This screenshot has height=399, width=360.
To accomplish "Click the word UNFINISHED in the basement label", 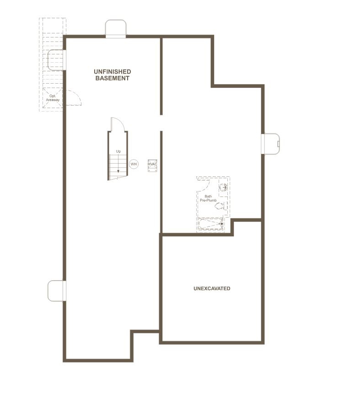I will pyautogui.click(x=113, y=72).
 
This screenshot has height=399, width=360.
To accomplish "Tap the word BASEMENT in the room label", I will pyautogui.click(x=113, y=78).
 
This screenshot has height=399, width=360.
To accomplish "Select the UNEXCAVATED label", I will pyautogui.click(x=212, y=289).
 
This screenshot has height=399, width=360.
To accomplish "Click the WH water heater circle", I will pyautogui.click(x=134, y=164).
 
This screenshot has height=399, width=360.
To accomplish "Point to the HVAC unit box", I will pyautogui.click(x=152, y=165).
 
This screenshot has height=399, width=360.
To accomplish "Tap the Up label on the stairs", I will pyautogui.click(x=118, y=151).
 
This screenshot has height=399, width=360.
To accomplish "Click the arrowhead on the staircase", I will pyautogui.click(x=118, y=171).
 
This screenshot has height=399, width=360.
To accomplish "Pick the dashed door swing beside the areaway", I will pyautogui.click(x=73, y=98).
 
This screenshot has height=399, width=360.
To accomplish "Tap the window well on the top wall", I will pyautogui.click(x=115, y=28).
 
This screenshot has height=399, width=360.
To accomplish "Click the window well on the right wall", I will pyautogui.click(x=270, y=144).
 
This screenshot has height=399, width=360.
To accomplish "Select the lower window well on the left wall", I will pyautogui.click(x=57, y=291).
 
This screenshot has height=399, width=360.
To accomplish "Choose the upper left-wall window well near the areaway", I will pyautogui.click(x=56, y=59).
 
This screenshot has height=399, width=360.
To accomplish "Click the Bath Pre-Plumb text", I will pyautogui.click(x=208, y=198).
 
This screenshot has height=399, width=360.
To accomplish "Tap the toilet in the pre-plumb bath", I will pyautogui.click(x=220, y=206).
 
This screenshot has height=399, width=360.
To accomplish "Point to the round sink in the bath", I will pyautogui.click(x=223, y=187).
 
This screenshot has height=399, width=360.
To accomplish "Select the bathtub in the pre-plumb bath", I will pyautogui.click(x=211, y=224).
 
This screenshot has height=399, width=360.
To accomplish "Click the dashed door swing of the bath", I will pyautogui.click(x=204, y=185).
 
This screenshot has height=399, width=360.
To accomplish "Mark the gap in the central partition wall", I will pyautogui.click(x=161, y=122).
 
